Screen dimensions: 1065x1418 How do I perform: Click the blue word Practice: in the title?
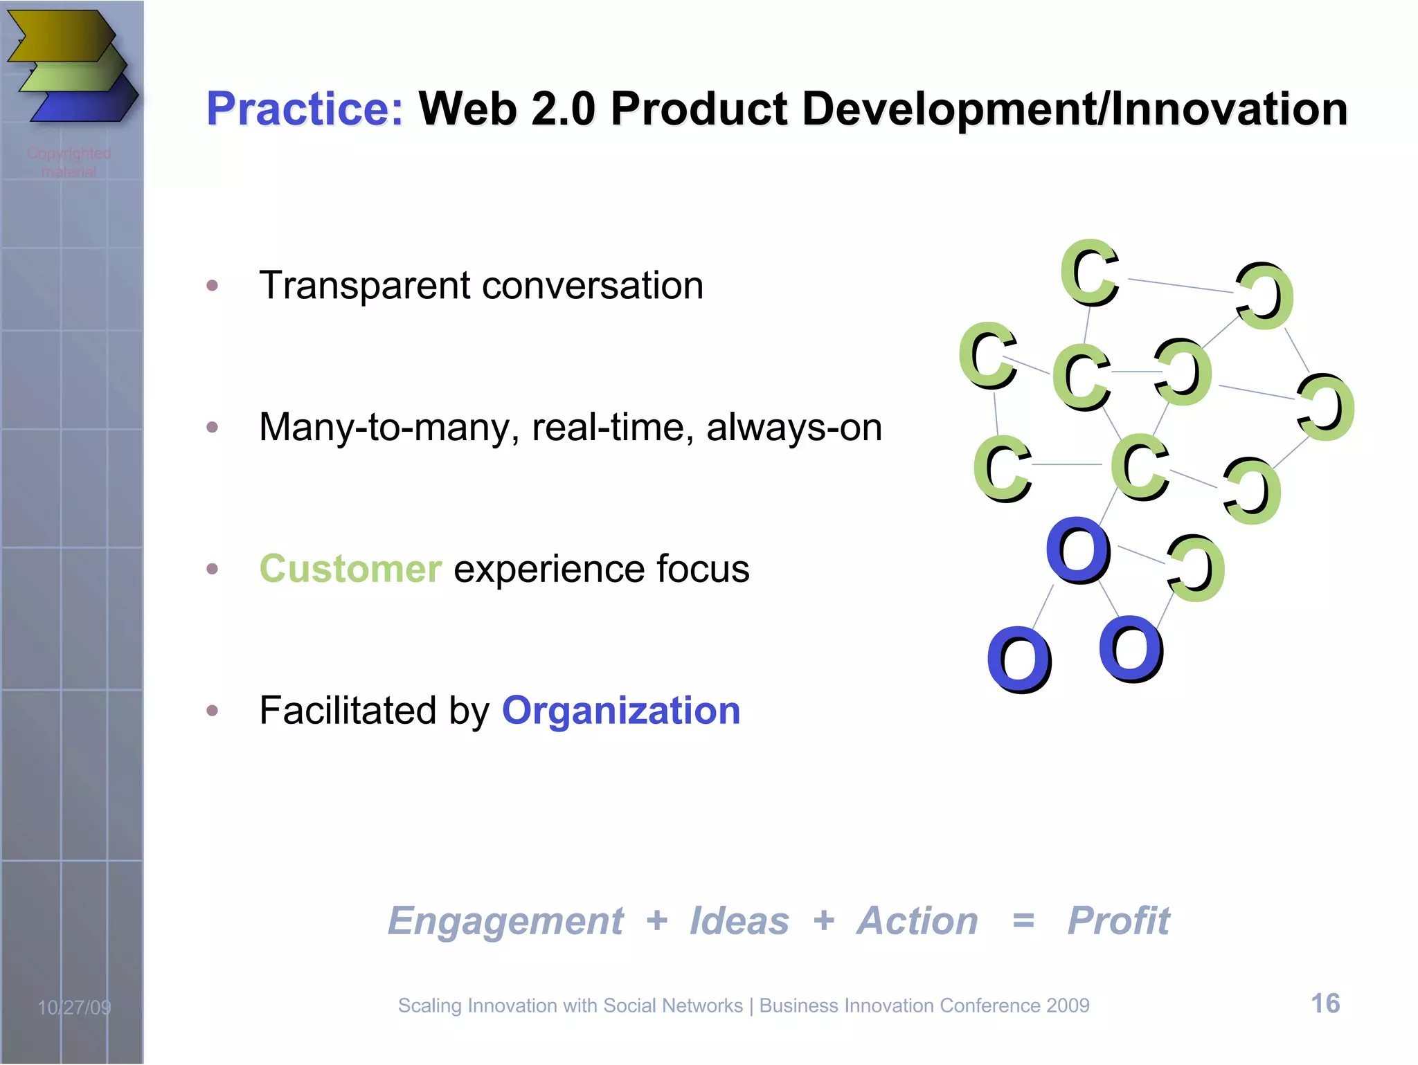click(x=305, y=109)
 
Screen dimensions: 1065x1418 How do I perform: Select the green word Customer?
click(x=350, y=569)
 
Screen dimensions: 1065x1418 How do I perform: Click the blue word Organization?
click(x=621, y=711)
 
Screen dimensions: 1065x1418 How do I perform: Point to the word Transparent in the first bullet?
click(x=364, y=286)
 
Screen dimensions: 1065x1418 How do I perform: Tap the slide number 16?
click(x=1325, y=1003)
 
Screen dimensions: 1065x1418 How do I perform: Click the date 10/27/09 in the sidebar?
click(x=74, y=1007)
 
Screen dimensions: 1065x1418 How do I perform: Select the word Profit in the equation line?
click(x=1118, y=921)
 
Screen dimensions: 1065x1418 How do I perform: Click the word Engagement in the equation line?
click(x=505, y=921)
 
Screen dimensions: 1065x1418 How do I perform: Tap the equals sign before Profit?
click(x=1023, y=921)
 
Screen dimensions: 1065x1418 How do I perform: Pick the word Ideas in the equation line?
click(x=739, y=921)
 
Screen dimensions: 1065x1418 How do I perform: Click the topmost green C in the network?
click(x=1090, y=273)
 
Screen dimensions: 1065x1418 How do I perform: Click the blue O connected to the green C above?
click(x=1077, y=550)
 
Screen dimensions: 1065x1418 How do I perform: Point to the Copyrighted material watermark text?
click(x=69, y=162)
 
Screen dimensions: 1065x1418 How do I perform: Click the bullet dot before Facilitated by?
click(x=213, y=711)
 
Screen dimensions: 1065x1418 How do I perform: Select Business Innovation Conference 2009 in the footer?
click(x=924, y=1005)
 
